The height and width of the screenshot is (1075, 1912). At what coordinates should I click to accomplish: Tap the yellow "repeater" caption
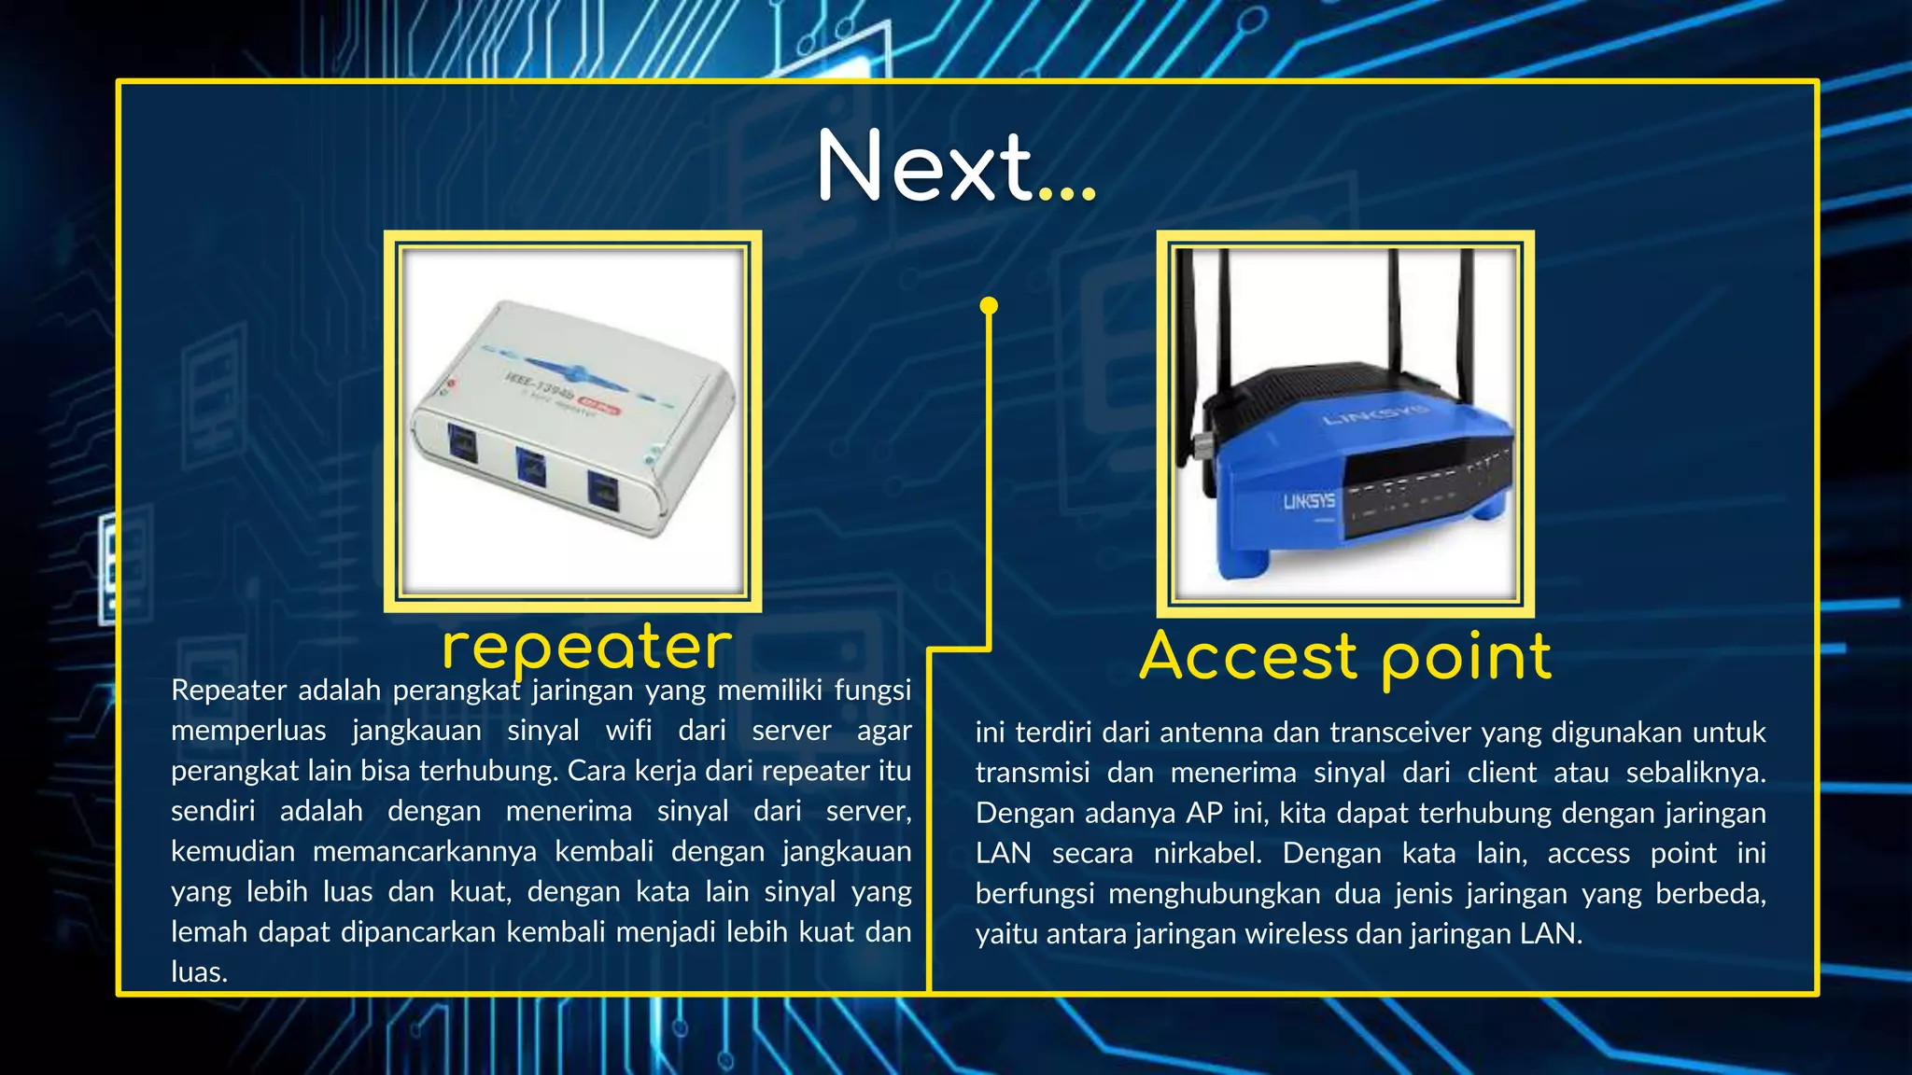point(586,647)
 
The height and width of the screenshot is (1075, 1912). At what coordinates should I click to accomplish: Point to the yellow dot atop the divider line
point(990,305)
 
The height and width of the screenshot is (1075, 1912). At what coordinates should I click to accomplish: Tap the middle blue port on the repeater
point(530,465)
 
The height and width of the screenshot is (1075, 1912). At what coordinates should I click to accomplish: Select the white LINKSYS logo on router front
point(1309,501)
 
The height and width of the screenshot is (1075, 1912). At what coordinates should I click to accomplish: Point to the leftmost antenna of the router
point(1187,355)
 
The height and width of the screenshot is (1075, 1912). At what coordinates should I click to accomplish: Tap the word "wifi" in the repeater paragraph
point(628,730)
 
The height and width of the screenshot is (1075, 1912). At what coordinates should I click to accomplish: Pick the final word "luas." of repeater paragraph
point(199,972)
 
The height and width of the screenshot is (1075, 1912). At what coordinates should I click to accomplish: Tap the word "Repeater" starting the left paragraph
point(229,691)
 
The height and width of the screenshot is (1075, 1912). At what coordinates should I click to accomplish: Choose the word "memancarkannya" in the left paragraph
point(425,851)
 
